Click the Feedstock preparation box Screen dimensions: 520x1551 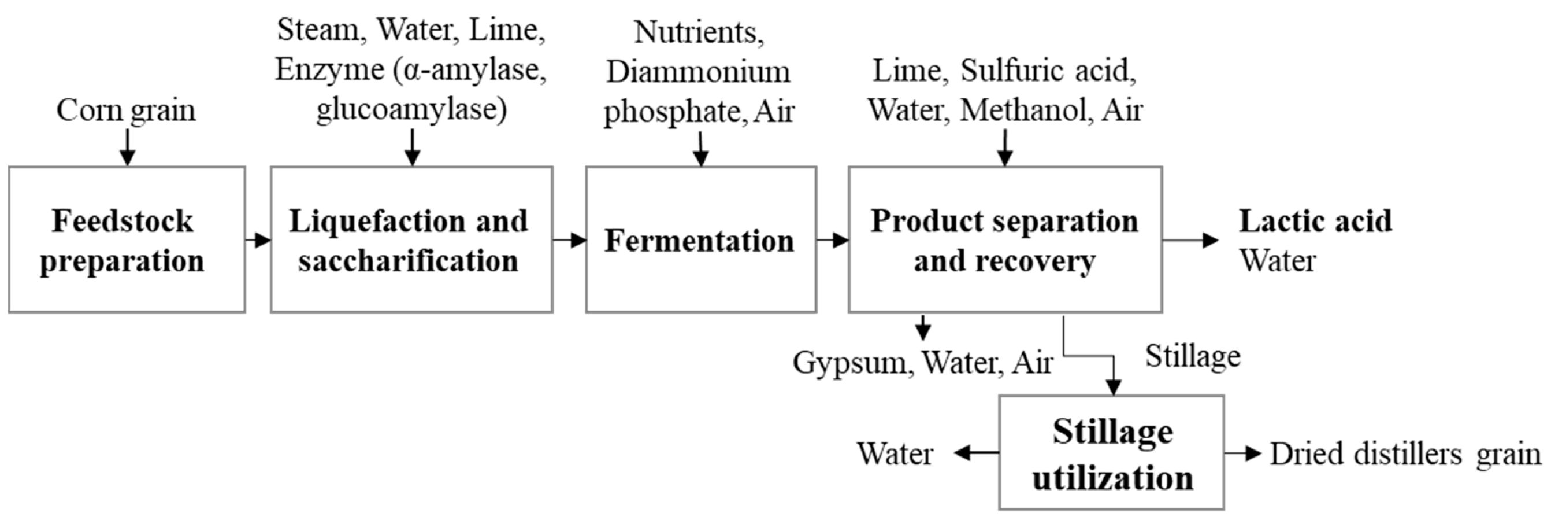click(127, 240)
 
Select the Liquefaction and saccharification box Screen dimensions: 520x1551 click(411, 240)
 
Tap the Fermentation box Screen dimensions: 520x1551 click(700, 240)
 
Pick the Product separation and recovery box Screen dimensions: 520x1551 click(1004, 240)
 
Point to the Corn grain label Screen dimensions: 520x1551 click(127, 110)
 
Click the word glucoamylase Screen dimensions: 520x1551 click(411, 109)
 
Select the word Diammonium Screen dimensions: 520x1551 click(698, 72)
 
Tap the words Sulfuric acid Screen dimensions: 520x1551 click(1047, 71)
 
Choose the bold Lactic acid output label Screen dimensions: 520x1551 click(1315, 220)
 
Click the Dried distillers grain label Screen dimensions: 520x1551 click(1405, 453)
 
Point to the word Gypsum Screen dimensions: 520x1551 click(849, 363)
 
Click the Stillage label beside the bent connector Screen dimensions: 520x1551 click(1192, 356)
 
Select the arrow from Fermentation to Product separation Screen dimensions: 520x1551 click(833, 241)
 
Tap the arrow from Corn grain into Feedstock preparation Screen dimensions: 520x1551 click(127, 146)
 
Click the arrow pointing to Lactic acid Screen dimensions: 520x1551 click(1190, 241)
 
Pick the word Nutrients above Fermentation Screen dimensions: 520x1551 click(699, 32)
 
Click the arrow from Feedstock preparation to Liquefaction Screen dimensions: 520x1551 click(258, 241)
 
